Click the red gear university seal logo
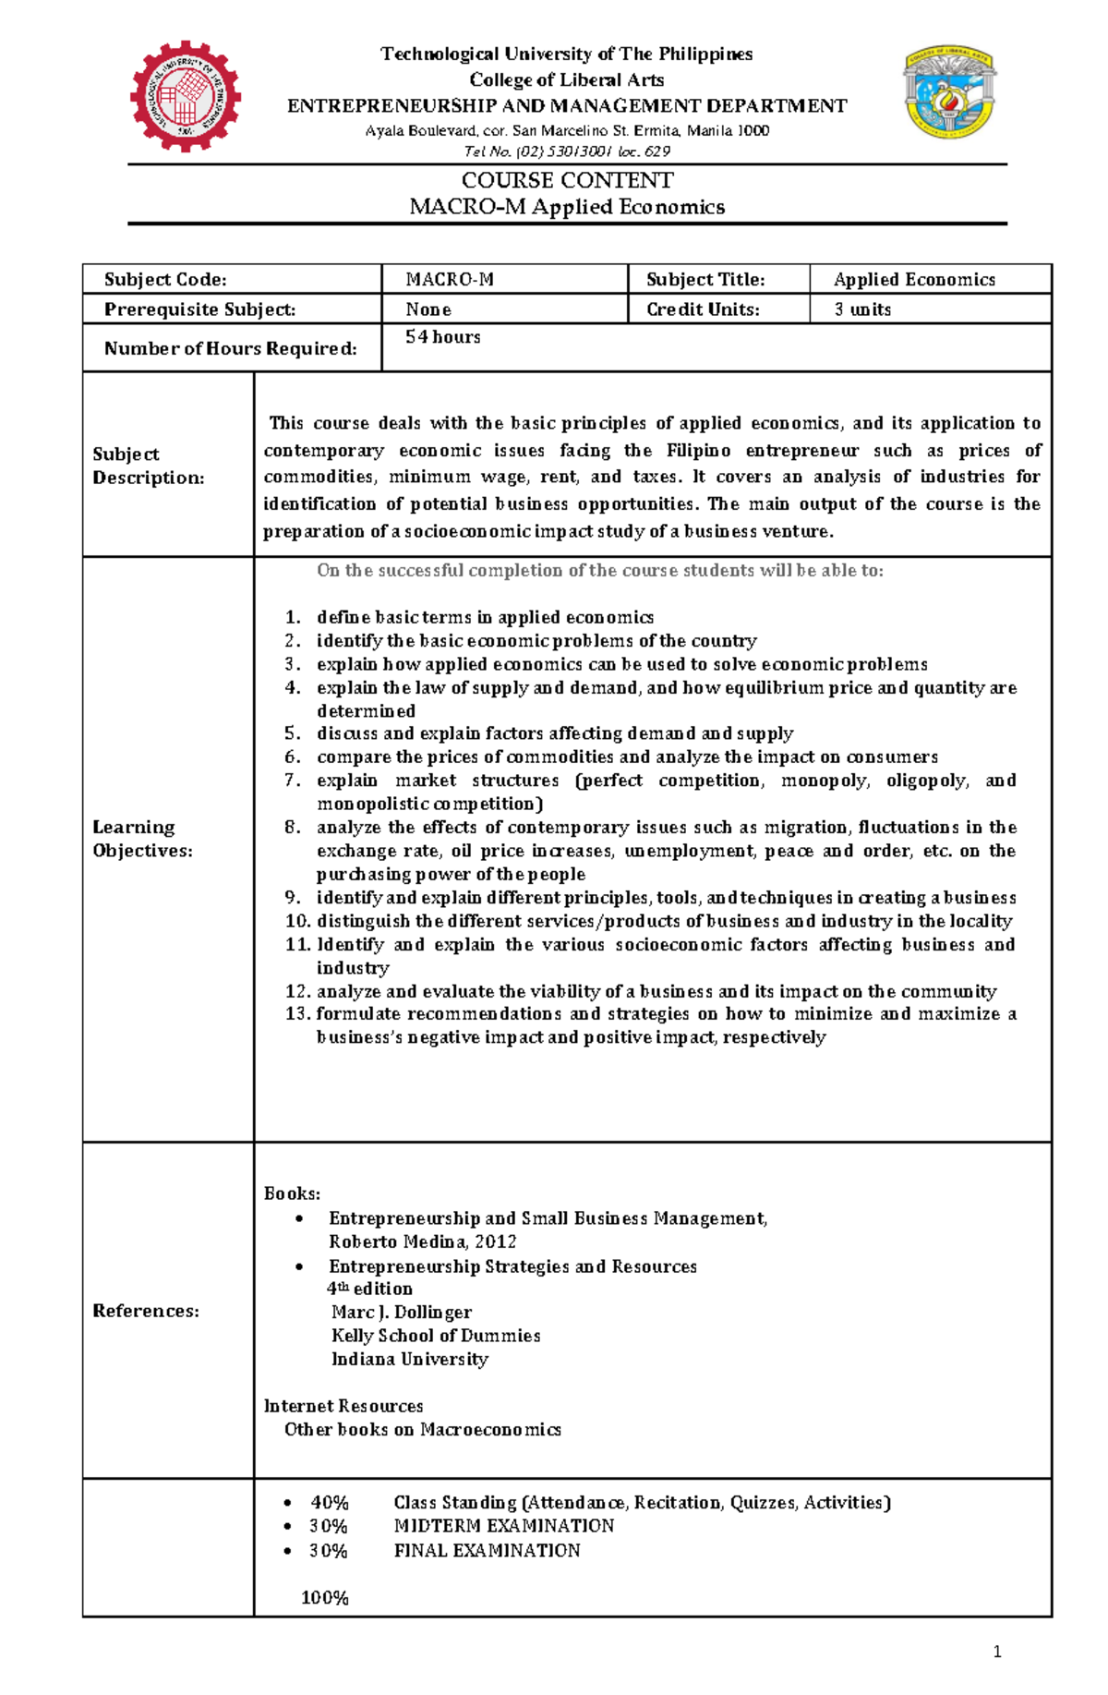point(186,96)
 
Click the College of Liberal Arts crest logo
point(948,92)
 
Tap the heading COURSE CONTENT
point(567,180)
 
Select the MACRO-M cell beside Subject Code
point(450,280)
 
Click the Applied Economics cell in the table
point(914,280)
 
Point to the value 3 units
point(862,309)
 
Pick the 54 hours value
point(443,337)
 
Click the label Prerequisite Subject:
point(199,309)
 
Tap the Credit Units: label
point(703,309)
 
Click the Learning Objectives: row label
point(142,839)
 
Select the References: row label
point(146,1311)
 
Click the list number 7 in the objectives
point(293,781)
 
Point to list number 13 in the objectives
point(296,1014)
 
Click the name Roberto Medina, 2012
point(422,1242)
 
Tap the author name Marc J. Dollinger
point(402,1313)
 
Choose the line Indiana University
point(410,1360)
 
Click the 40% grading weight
point(329,1503)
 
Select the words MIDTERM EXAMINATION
point(504,1526)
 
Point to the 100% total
point(324,1598)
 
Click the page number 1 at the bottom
point(997,1653)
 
